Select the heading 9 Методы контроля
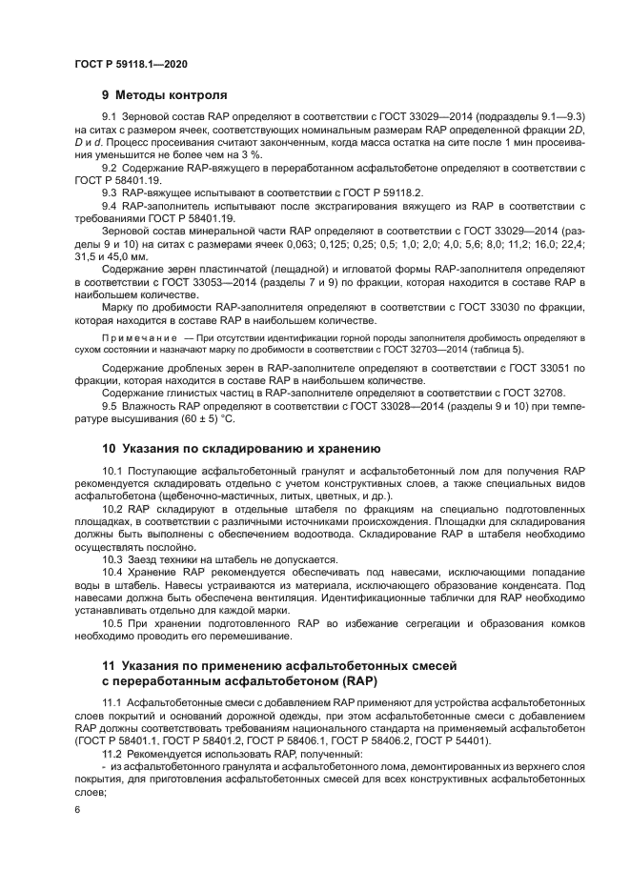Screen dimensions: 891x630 164,95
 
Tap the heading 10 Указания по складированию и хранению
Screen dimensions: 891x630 241,448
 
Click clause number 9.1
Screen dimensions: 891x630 110,116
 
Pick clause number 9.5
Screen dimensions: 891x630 110,407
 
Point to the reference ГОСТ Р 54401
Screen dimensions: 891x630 455,739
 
